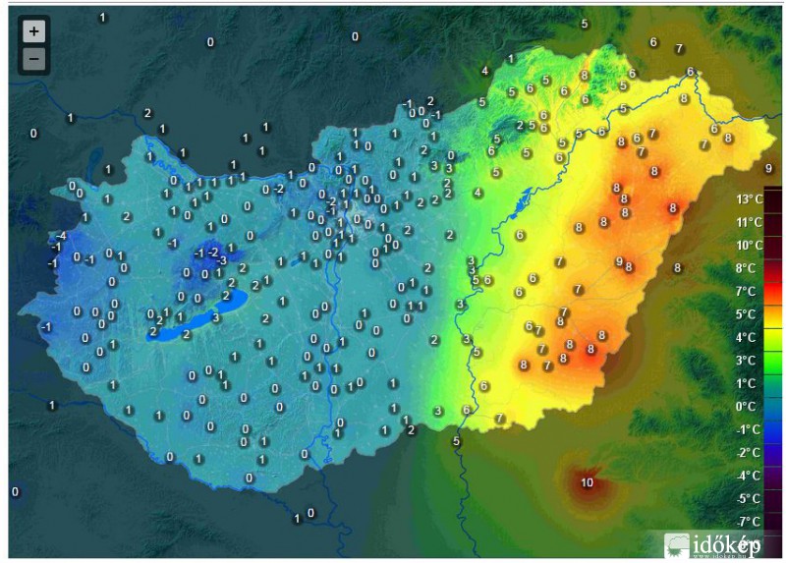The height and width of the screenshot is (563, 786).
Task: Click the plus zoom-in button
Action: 34,31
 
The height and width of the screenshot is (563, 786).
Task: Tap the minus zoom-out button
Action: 34,59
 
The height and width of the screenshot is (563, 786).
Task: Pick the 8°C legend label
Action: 747,268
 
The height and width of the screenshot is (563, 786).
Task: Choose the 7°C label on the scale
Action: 747,291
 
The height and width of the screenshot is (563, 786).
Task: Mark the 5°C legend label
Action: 747,314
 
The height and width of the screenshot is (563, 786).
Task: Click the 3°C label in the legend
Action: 747,361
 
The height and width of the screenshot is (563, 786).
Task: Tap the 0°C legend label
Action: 747,406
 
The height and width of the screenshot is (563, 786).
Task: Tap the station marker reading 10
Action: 587,482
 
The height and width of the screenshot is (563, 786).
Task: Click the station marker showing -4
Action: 61,236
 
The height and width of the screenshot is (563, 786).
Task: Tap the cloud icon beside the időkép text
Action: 677,545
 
